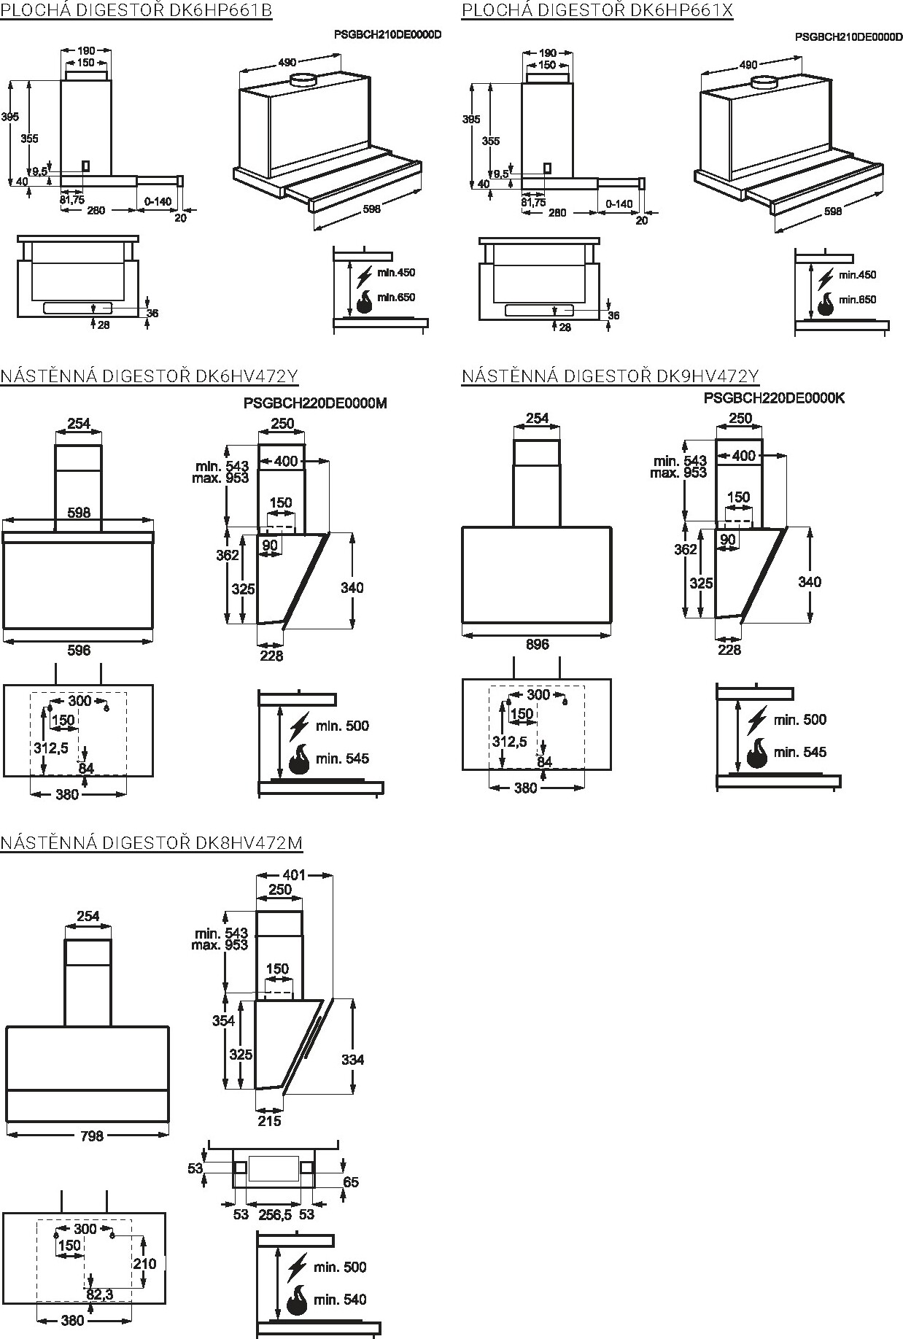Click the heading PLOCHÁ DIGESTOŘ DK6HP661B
(x=136, y=10)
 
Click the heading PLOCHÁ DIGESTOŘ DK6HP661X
(x=597, y=10)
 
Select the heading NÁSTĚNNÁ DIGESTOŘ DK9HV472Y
(x=610, y=376)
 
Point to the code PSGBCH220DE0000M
(x=315, y=403)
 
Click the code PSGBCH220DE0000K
(x=774, y=398)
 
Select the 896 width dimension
(x=537, y=645)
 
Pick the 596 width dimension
(x=78, y=650)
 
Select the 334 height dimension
(x=352, y=1060)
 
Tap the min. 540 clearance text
(x=340, y=1300)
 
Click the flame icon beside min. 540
(x=298, y=1300)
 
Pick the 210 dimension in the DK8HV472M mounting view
(x=144, y=1263)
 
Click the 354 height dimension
(x=223, y=1021)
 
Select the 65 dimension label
(x=351, y=1181)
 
